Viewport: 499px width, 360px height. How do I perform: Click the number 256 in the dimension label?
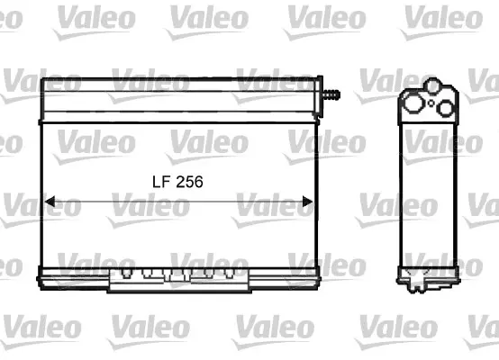pos(189,182)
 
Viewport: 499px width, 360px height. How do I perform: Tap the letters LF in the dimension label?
pos(162,182)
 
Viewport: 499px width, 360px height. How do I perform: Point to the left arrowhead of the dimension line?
pos(50,202)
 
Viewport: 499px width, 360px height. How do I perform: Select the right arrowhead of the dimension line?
pos(307,202)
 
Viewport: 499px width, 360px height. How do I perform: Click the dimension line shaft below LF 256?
pos(178,202)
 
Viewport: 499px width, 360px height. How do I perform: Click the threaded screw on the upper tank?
pos(331,94)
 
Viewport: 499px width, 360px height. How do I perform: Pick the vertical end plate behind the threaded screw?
pos(319,96)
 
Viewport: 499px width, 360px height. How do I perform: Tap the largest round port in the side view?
pos(413,103)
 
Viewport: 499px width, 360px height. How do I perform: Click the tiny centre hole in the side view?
pos(431,103)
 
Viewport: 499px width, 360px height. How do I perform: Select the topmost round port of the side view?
pos(433,85)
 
